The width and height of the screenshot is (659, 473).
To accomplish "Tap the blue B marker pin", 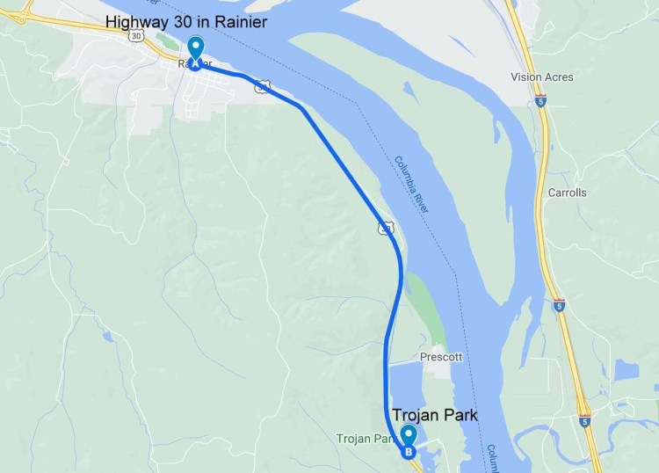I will [x=408, y=440].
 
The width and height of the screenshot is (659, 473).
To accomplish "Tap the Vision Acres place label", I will [x=542, y=77].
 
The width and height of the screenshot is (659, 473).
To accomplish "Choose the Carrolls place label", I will [x=566, y=193].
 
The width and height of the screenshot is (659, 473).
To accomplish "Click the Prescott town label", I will [x=441, y=357].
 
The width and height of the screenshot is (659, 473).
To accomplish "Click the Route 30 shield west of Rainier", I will [x=134, y=37].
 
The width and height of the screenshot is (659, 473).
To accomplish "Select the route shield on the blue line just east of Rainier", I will [x=263, y=85].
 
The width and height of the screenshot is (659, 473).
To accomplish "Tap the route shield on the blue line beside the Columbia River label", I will [x=385, y=228].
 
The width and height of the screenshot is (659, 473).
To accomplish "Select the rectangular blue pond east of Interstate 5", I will [x=626, y=370].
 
